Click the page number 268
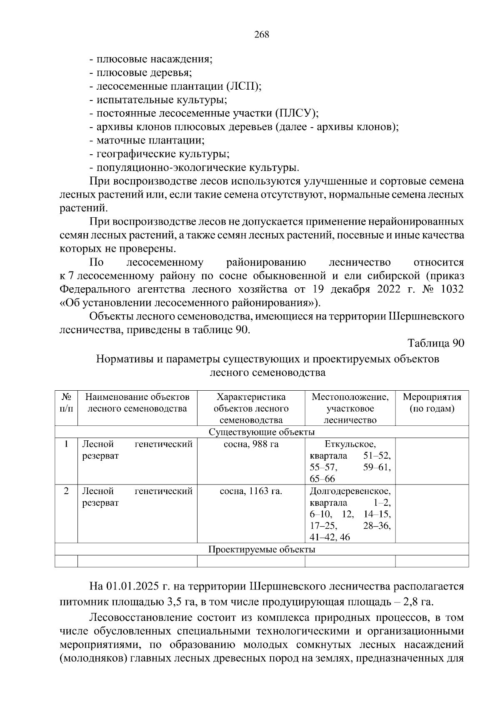262,35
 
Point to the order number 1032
452,289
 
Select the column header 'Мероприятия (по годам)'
432,403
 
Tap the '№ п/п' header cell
66,403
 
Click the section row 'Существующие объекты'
262,432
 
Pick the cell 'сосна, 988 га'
251,444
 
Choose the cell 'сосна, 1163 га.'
251,491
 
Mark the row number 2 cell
66,491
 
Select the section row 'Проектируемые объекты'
262,549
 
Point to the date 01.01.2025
132,586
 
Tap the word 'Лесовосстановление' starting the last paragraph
137,618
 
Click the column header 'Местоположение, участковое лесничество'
350,408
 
